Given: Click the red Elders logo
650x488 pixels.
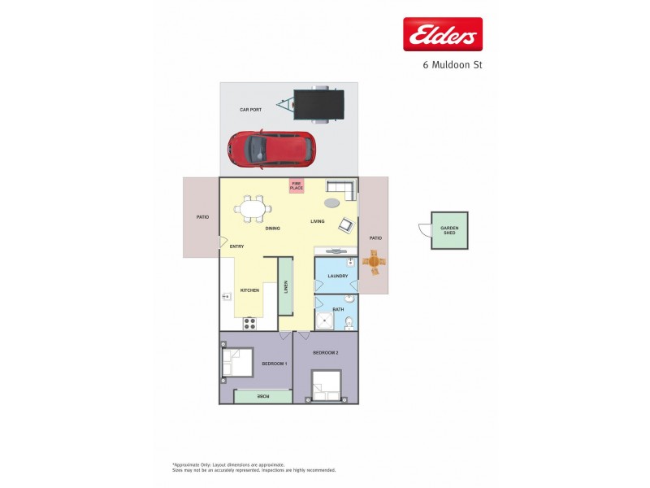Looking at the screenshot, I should pyautogui.click(x=443, y=34).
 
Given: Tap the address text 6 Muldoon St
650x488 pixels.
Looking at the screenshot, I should pyautogui.click(x=453, y=64).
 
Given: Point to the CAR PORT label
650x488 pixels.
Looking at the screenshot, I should pyautogui.click(x=249, y=109).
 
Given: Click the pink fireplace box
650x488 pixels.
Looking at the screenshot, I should pyautogui.click(x=297, y=186).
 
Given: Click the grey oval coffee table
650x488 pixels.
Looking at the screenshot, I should pyautogui.click(x=333, y=203).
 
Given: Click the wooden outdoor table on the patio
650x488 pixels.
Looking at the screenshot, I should pyautogui.click(x=375, y=262).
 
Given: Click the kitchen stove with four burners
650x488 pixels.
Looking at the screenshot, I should pyautogui.click(x=250, y=322).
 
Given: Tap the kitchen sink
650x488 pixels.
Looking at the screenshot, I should pyautogui.click(x=226, y=297).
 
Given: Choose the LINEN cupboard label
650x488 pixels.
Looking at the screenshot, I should pyautogui.click(x=285, y=286).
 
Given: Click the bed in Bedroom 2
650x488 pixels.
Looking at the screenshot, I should pyautogui.click(x=327, y=386).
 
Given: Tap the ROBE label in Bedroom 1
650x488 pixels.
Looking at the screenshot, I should pyautogui.click(x=262, y=396).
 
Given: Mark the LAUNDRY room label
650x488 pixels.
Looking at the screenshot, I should pyautogui.click(x=338, y=277).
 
